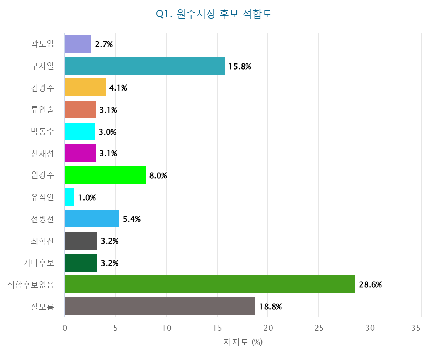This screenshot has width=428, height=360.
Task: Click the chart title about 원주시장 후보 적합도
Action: coord(214,14)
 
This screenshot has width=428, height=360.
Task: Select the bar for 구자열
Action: coord(144,66)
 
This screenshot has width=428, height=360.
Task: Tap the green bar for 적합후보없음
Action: coord(210,284)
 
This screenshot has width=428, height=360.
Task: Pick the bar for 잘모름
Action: coord(160,306)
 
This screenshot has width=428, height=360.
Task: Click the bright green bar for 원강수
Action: coord(105,175)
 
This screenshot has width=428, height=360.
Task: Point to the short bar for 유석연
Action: coord(70,197)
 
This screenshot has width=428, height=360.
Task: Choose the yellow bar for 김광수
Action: coord(85,88)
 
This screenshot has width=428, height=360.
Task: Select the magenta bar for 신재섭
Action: coord(80,153)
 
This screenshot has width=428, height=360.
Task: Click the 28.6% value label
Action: coord(370,284)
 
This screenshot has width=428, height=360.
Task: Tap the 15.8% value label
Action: coord(240,66)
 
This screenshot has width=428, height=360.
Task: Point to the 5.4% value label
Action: coord(132,219)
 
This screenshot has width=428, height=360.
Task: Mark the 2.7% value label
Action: coord(104,44)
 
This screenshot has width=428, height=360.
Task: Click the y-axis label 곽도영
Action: coord(42,44)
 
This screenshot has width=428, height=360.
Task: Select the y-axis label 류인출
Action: coord(42,109)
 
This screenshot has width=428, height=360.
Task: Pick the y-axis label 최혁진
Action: coord(42,241)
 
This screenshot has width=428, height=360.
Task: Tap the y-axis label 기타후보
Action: coord(39,263)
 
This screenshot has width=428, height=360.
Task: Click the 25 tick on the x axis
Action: coord(319,328)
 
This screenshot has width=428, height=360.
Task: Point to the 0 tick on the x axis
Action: coord(65,328)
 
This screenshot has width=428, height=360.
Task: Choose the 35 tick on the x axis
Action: coord(416,328)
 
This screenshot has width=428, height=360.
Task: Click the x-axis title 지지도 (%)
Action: coord(243,342)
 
